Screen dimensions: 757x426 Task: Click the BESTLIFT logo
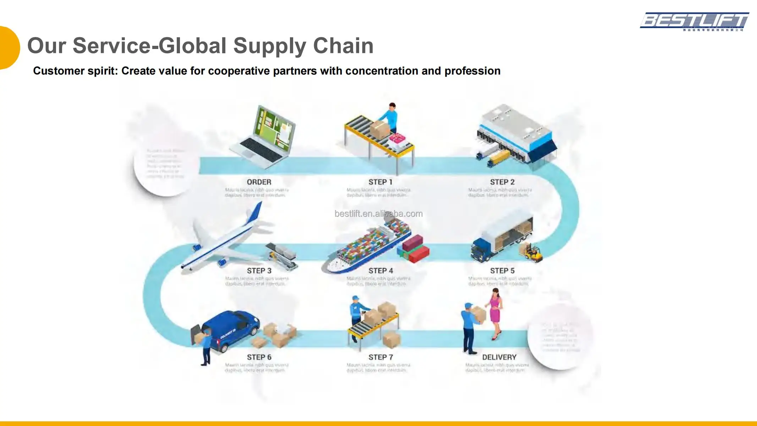(694, 21)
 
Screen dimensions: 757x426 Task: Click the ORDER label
(259, 182)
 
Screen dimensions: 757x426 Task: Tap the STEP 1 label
(380, 182)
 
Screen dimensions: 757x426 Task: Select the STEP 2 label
(502, 182)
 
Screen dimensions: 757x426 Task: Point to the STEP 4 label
(380, 271)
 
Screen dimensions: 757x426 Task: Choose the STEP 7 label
(380, 357)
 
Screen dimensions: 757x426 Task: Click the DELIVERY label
(499, 357)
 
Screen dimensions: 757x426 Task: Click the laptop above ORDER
(264, 137)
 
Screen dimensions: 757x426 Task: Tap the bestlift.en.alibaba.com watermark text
(378, 214)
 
